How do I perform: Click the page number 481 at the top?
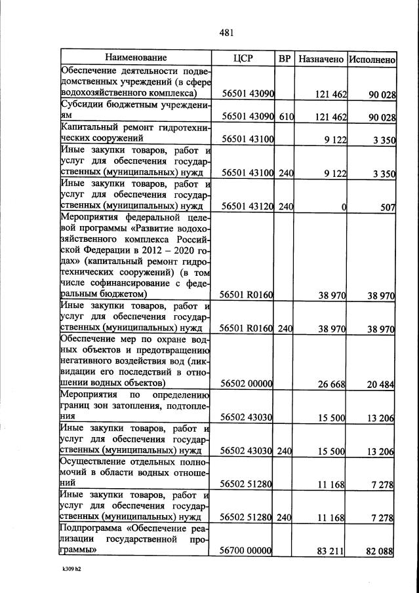pyautogui.click(x=227, y=31)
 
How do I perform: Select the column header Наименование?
pyautogui.click(x=136, y=58)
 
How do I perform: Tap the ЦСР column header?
pyautogui.click(x=243, y=58)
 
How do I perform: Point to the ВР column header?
pyautogui.click(x=285, y=58)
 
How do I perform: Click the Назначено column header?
pyautogui.click(x=321, y=59)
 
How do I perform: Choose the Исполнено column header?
pyautogui.click(x=372, y=59)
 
